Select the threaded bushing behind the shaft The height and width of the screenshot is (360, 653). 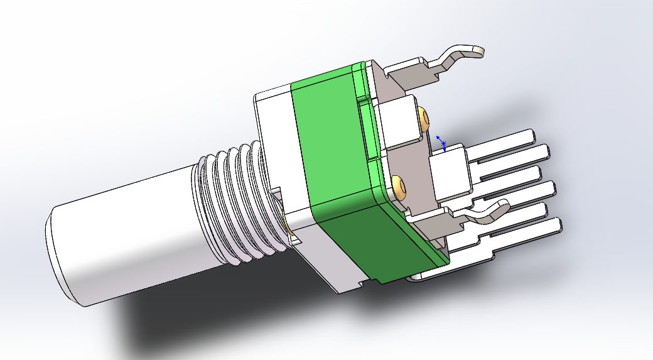click(232, 201)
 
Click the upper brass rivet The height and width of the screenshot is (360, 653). click(424, 118)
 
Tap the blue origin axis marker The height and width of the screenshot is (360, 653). click(442, 144)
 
